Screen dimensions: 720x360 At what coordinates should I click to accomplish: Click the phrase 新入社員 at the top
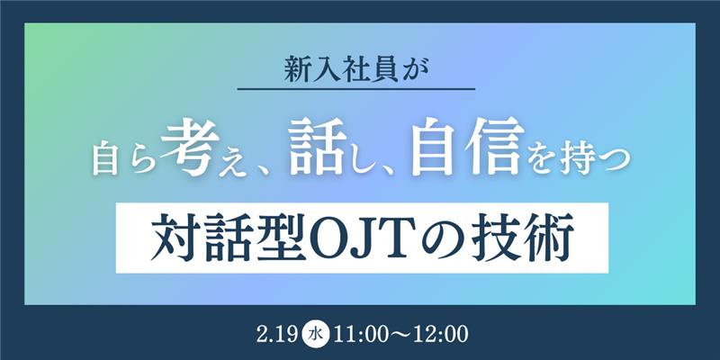tap(341, 71)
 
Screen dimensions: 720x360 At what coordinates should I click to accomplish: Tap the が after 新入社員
tap(415, 71)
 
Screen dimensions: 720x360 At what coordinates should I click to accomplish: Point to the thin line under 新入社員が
tap(356, 88)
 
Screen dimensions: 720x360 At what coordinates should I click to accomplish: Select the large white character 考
tap(190, 148)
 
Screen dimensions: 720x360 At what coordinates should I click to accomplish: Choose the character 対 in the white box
tap(172, 238)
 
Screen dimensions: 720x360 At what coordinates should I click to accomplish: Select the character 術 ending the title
tap(553, 238)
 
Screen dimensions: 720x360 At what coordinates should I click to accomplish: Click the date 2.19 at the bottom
tap(278, 333)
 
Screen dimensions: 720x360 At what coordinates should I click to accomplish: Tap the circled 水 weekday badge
tap(317, 333)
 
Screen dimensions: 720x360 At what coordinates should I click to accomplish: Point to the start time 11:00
tap(363, 333)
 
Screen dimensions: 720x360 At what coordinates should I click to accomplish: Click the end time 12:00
tap(440, 333)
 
